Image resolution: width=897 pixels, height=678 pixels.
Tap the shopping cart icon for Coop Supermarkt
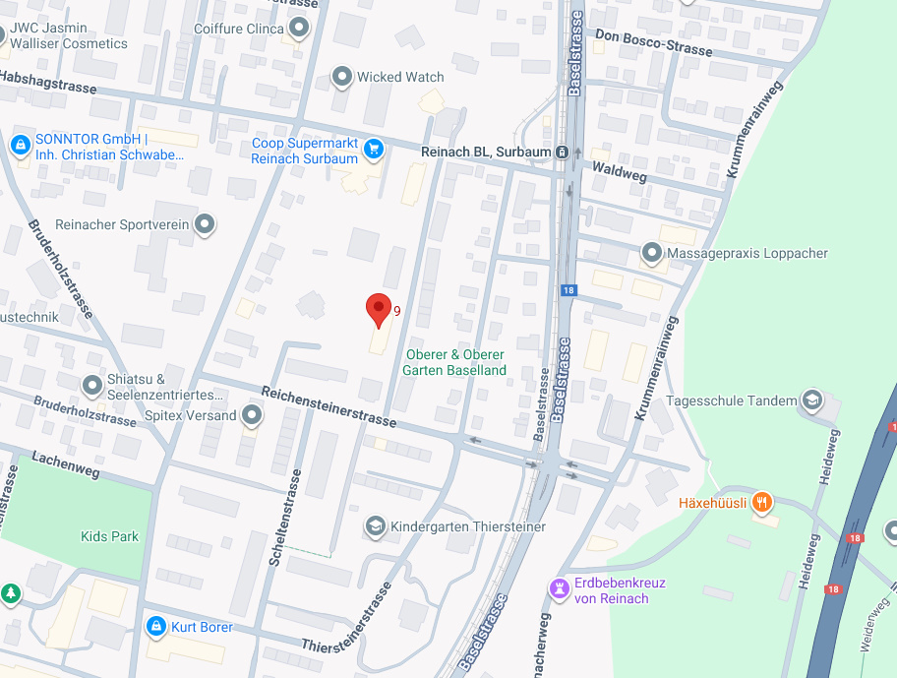(373, 150)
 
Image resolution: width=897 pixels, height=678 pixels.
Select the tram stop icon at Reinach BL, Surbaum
(562, 152)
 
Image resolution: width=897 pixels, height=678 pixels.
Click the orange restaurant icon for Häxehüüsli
(761, 503)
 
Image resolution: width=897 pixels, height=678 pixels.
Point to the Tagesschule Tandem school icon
(811, 401)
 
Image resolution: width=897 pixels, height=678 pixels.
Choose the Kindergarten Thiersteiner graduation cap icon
(375, 526)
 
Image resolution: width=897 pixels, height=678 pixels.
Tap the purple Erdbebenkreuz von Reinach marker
(560, 588)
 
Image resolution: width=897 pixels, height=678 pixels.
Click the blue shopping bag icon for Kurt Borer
(155, 626)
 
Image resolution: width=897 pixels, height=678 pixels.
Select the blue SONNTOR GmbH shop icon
(19, 146)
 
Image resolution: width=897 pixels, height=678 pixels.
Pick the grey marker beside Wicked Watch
(342, 77)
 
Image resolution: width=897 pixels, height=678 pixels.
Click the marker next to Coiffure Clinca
(299, 29)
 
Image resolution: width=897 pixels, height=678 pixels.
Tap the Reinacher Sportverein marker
(205, 225)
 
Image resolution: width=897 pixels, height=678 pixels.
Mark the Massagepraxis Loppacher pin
(651, 253)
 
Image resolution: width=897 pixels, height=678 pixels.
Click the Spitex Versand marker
(252, 415)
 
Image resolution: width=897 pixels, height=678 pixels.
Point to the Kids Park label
(109, 536)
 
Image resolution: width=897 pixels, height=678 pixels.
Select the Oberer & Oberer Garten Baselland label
(454, 362)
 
